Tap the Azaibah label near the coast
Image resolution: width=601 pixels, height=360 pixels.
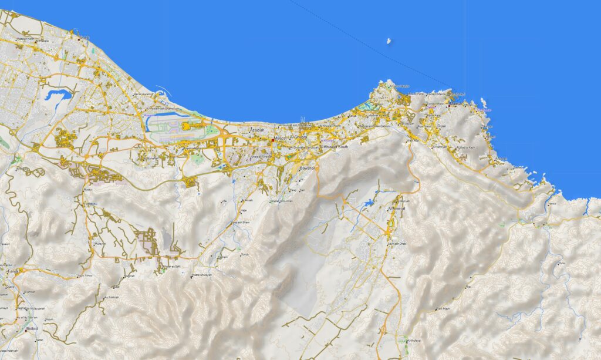click(x=257, y=130)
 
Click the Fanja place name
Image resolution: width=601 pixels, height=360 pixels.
click(x=13, y=271)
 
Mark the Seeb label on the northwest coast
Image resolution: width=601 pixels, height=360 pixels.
click(x=85, y=38)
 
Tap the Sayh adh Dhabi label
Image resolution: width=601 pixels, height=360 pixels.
click(x=397, y=243)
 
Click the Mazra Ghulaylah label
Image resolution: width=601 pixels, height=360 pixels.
click(x=201, y=275)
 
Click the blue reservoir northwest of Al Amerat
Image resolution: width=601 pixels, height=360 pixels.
click(x=369, y=203)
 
